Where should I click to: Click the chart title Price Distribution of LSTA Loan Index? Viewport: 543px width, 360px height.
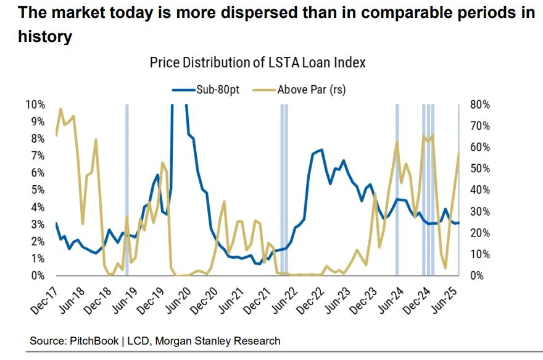(257, 62)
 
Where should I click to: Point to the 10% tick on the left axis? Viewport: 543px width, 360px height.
(37, 104)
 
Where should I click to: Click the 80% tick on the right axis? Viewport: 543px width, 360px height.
(480, 104)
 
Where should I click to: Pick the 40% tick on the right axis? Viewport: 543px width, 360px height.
(480, 190)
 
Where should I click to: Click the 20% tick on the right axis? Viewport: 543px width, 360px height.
(480, 233)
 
